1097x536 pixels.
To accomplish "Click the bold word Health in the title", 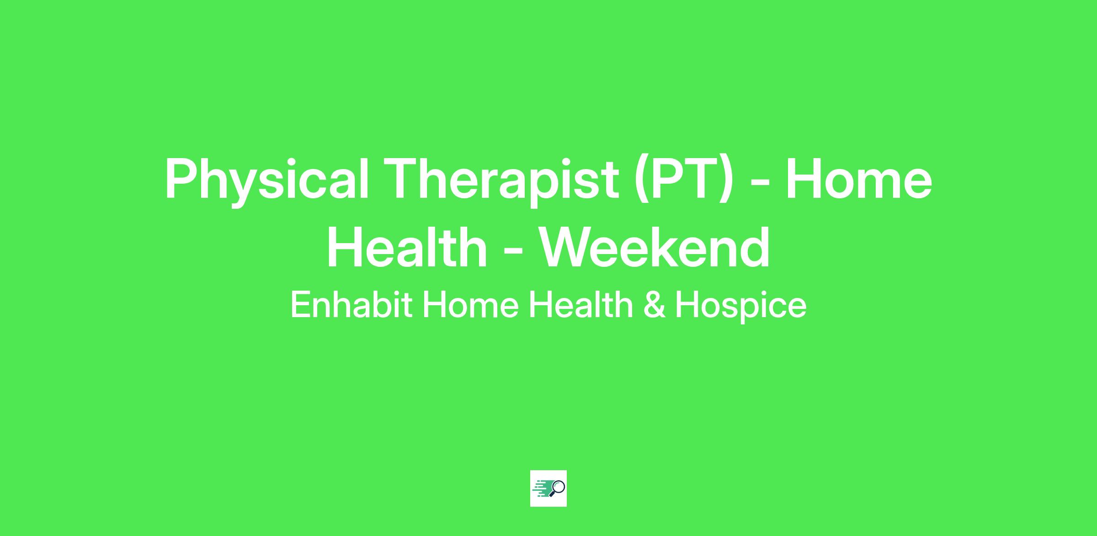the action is click(407, 247).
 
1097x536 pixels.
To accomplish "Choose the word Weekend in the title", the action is click(655, 247).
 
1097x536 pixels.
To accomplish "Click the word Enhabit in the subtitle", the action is click(351, 305).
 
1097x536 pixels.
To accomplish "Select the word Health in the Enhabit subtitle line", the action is click(581, 305).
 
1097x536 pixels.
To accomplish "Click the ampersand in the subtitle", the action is click(654, 305).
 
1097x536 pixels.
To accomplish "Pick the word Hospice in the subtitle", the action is click(740, 306).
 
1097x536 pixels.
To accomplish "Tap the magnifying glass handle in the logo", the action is click(552, 494).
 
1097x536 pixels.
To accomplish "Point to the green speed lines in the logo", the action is click(541, 488).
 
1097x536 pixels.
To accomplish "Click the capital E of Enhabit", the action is click(300, 305).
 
